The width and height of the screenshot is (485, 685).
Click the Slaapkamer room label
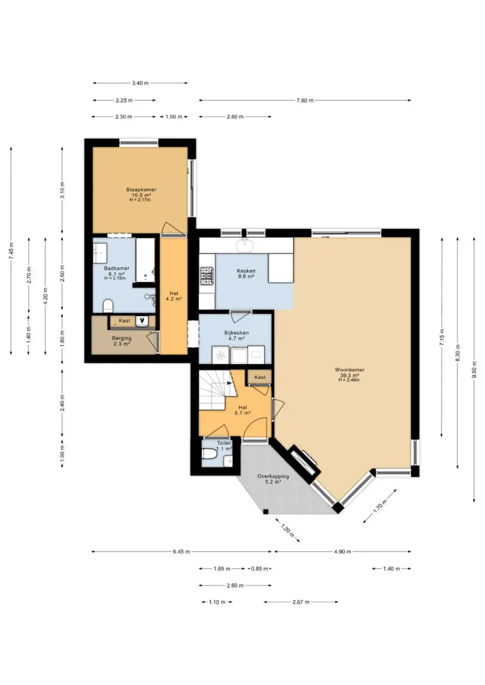click(x=141, y=190)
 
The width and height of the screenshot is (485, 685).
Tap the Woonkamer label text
click(x=349, y=370)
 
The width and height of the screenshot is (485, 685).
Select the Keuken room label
click(x=246, y=271)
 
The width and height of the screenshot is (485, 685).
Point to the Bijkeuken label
click(x=236, y=333)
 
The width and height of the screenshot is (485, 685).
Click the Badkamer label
click(x=116, y=268)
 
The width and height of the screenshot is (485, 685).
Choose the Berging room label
click(x=121, y=338)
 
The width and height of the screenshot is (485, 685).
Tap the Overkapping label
click(x=273, y=476)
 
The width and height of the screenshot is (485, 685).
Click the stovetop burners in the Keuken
click(x=207, y=276)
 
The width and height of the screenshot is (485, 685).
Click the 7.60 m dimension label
click(x=305, y=100)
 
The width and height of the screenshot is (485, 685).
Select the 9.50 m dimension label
click(x=474, y=370)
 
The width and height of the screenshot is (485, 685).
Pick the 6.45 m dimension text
click(x=181, y=552)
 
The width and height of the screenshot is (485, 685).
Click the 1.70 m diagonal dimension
click(x=380, y=505)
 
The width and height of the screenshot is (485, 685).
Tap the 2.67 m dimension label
click(x=301, y=602)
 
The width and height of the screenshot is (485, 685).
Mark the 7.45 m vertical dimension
click(x=11, y=250)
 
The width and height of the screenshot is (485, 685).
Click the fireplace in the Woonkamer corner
click(x=302, y=463)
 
